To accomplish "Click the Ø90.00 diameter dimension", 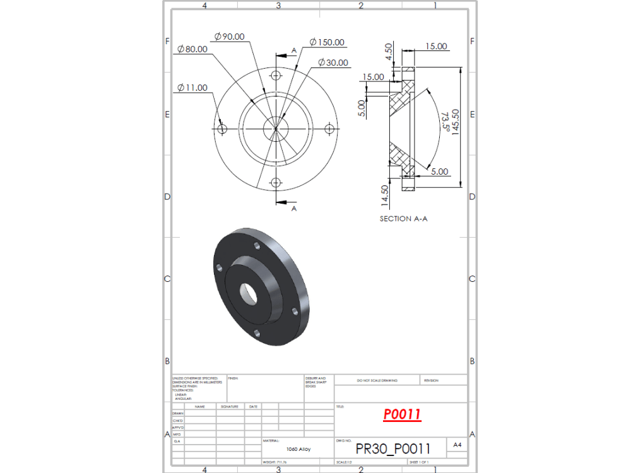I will point(229,37).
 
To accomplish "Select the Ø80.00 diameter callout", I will point(192,49).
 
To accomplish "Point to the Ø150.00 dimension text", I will point(327,42).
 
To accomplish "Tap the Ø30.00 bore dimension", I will point(333,62).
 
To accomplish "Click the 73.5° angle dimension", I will point(445,121).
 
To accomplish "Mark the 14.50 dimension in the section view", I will point(385,195).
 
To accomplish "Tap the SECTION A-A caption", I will point(403,219).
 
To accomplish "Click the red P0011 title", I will point(402,414).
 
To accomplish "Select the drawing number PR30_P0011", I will point(393,448).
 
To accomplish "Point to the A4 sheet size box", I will point(457,445).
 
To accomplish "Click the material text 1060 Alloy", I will point(297,449).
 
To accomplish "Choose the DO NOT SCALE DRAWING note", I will point(377,380).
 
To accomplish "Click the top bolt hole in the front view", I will point(275,76).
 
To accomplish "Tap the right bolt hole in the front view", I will point(329,129).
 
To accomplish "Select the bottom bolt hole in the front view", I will point(275,182).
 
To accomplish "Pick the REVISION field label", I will point(431,380).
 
